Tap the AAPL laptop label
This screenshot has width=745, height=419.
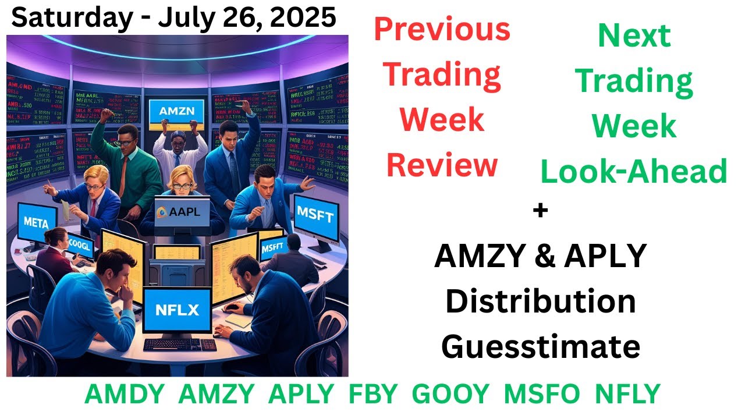178,212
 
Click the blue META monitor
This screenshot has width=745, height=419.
37,222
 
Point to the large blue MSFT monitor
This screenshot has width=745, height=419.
315,217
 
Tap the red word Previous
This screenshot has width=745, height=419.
442,29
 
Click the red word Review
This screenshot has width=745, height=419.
442,165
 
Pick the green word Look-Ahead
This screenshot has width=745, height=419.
634,172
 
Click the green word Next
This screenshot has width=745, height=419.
634,36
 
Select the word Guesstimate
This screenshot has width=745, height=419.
540,347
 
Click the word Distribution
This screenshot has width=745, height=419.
540,301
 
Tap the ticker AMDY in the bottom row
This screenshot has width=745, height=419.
124,395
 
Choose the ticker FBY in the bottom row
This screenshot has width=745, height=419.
372,395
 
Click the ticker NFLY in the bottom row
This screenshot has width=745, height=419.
627,395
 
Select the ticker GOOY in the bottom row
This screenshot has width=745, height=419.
450,395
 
